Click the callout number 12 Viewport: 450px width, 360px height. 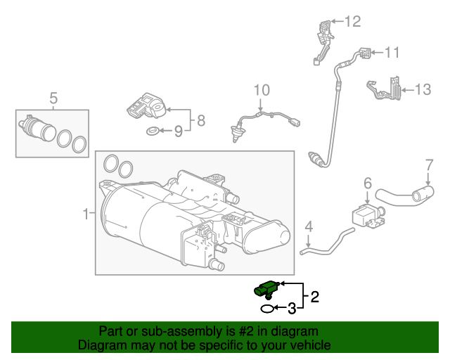[352, 22]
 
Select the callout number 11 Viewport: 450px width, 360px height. [391, 52]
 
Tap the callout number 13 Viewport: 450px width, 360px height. [422, 89]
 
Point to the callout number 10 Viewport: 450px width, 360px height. [261, 90]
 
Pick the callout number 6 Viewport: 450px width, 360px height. [367, 183]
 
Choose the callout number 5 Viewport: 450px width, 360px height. [52, 97]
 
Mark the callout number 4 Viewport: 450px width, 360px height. [308, 226]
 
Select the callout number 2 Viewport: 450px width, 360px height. [315, 297]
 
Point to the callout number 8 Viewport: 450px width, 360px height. [200, 120]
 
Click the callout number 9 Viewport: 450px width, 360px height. [178, 131]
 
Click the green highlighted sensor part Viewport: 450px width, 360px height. [266, 288]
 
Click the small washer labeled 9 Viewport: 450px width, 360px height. [153, 131]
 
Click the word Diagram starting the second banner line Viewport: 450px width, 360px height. [101, 345]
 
